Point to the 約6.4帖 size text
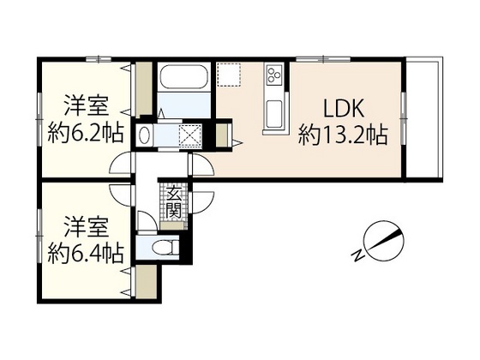pos(83,253)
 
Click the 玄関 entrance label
pos(173,203)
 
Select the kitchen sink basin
pos(276,111)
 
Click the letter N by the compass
pos(358,254)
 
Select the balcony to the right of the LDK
pos(423,120)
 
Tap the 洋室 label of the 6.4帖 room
pos(83,229)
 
